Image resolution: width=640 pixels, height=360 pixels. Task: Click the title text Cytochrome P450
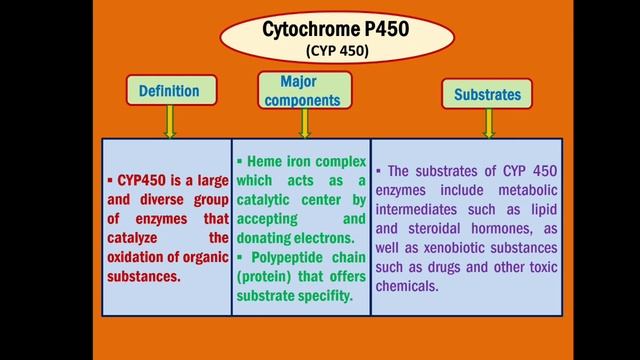click(x=321, y=30)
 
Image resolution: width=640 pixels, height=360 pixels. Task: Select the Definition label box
click(x=169, y=91)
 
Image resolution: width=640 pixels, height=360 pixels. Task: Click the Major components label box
click(x=297, y=90)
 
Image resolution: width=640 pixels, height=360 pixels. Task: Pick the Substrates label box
click(x=487, y=95)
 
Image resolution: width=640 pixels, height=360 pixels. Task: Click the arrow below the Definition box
click(x=169, y=123)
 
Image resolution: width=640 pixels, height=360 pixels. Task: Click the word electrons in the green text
click(x=322, y=239)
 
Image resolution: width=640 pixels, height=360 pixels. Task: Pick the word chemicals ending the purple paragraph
click(x=411, y=286)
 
